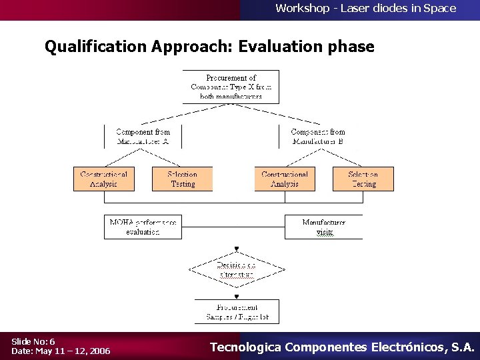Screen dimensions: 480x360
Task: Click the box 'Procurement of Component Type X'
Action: pyautogui.click(x=231, y=87)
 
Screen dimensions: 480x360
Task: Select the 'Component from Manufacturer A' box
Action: pyautogui.click(x=143, y=137)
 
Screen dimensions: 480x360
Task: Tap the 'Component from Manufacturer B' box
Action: pyautogui.click(x=318, y=137)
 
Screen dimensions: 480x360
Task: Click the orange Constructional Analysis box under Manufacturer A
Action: pyautogui.click(x=104, y=179)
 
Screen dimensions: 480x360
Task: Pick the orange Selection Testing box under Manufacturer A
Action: pyautogui.click(x=183, y=179)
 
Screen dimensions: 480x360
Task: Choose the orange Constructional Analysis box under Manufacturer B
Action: pyautogui.click(x=285, y=179)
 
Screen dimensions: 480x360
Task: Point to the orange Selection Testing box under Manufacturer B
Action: pyautogui.click(x=363, y=179)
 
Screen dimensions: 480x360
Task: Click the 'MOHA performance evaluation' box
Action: pyautogui.click(x=143, y=227)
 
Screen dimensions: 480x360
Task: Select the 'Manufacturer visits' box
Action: pyautogui.click(x=324, y=227)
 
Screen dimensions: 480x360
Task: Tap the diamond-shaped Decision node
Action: pyautogui.click(x=237, y=270)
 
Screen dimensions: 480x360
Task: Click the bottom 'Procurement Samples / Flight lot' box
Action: pyautogui.click(x=237, y=311)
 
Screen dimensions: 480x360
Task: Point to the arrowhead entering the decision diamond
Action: pyautogui.click(x=236, y=249)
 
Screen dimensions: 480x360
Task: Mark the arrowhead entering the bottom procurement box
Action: pyautogui.click(x=236, y=297)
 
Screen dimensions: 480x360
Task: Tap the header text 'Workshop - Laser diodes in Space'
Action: pyautogui.click(x=365, y=9)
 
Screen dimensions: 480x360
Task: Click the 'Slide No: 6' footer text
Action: pyautogui.click(x=33, y=341)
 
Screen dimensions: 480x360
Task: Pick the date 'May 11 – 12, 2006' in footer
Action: pyautogui.click(x=73, y=351)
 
